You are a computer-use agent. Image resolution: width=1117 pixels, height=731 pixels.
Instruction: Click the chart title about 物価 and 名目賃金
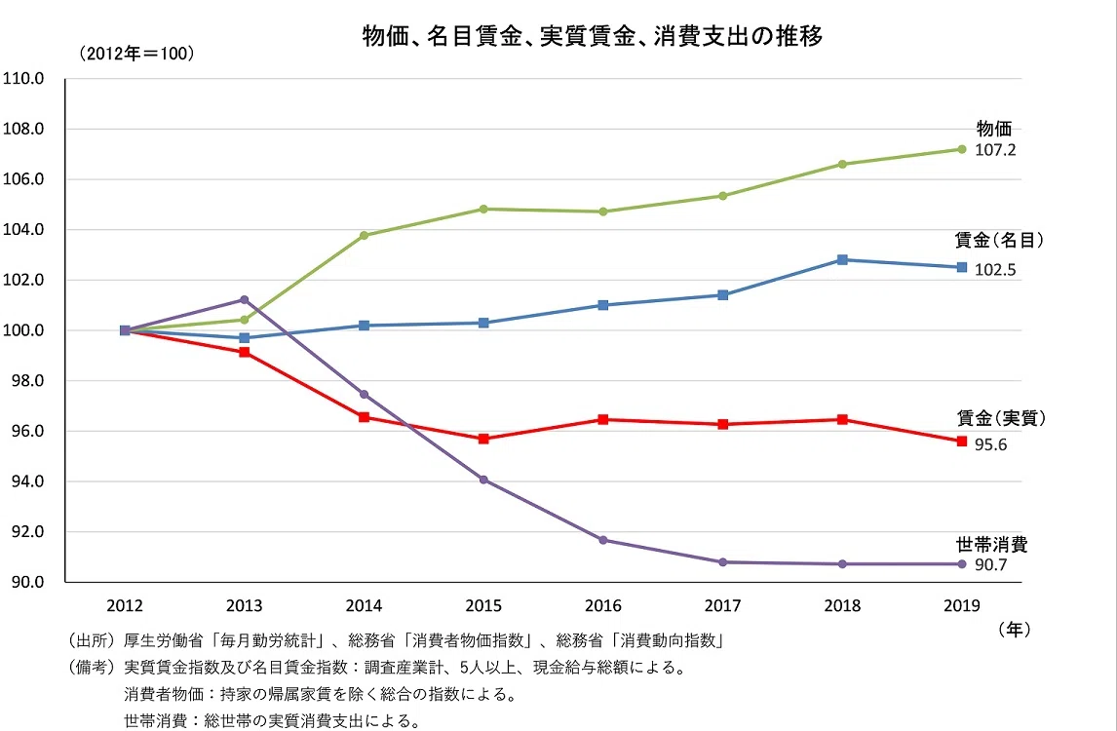pyautogui.click(x=593, y=36)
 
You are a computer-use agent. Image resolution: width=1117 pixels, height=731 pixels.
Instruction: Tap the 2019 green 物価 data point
pyautogui.click(x=962, y=149)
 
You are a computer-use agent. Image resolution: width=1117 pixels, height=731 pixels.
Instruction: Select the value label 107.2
pyautogui.click(x=995, y=150)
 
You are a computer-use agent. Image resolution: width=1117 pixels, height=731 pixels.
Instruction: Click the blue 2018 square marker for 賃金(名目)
pyautogui.click(x=842, y=259)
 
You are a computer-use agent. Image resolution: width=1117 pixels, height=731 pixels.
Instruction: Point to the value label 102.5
pyautogui.click(x=995, y=269)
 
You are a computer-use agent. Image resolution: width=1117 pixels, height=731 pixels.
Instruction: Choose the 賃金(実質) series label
pyautogui.click(x=1001, y=418)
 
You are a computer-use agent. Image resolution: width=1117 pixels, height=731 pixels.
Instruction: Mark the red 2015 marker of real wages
pyautogui.click(x=483, y=439)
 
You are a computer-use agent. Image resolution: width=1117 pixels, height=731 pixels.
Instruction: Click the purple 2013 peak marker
pyautogui.click(x=245, y=300)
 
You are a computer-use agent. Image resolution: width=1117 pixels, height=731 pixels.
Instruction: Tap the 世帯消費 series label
pyautogui.click(x=991, y=544)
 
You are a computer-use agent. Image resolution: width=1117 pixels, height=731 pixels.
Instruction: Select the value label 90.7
pyautogui.click(x=991, y=565)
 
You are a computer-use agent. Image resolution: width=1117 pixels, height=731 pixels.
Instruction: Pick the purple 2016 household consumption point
pyautogui.click(x=603, y=540)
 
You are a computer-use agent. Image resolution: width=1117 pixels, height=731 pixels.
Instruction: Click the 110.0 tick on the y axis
pyautogui.click(x=23, y=78)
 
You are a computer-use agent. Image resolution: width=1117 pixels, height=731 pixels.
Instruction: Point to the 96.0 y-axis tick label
pyautogui.click(x=28, y=431)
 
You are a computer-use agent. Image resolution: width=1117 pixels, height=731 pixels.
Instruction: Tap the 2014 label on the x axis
pyautogui.click(x=364, y=605)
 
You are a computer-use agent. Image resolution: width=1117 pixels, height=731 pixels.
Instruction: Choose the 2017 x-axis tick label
pyautogui.click(x=723, y=605)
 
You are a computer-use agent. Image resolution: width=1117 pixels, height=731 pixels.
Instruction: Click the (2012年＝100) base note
pyautogui.click(x=136, y=54)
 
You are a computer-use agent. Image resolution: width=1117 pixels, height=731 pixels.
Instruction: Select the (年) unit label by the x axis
pyautogui.click(x=1014, y=629)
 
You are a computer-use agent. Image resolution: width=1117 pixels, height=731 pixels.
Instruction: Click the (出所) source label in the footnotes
pyautogui.click(x=92, y=640)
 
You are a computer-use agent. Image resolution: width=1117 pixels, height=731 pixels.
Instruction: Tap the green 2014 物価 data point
pyautogui.click(x=364, y=235)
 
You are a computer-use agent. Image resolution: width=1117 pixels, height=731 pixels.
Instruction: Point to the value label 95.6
pyautogui.click(x=991, y=444)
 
